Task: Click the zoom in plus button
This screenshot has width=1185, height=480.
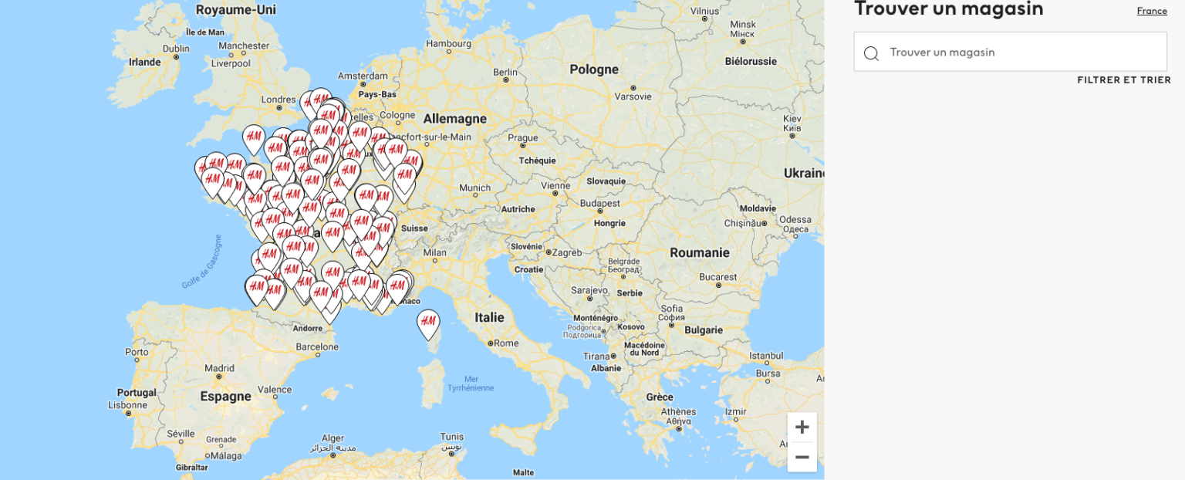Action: click(802, 427)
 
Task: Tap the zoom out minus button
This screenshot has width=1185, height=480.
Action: click(802, 457)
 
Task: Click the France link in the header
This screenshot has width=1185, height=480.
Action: click(1151, 11)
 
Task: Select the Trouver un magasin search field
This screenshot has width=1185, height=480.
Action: click(1018, 52)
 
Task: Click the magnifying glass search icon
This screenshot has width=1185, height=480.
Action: click(871, 53)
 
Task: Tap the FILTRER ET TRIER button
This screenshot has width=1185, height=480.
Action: click(1123, 80)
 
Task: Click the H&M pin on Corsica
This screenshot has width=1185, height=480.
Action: click(428, 323)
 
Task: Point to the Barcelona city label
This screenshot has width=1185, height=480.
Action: click(317, 347)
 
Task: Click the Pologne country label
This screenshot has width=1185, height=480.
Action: click(593, 69)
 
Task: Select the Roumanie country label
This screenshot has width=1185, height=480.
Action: click(699, 252)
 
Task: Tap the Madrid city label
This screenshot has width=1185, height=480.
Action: click(219, 368)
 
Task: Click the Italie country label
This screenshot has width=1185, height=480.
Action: click(489, 317)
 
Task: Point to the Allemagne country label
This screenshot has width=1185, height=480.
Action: click(454, 119)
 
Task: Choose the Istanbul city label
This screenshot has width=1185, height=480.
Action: click(766, 357)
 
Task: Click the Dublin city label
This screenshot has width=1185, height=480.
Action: click(176, 48)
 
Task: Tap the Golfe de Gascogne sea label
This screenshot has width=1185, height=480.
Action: click(202, 262)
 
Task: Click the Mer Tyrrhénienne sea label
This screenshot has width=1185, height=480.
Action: click(471, 384)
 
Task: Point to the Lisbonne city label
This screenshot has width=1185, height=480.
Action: click(127, 404)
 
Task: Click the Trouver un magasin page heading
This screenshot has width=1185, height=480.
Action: click(948, 9)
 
